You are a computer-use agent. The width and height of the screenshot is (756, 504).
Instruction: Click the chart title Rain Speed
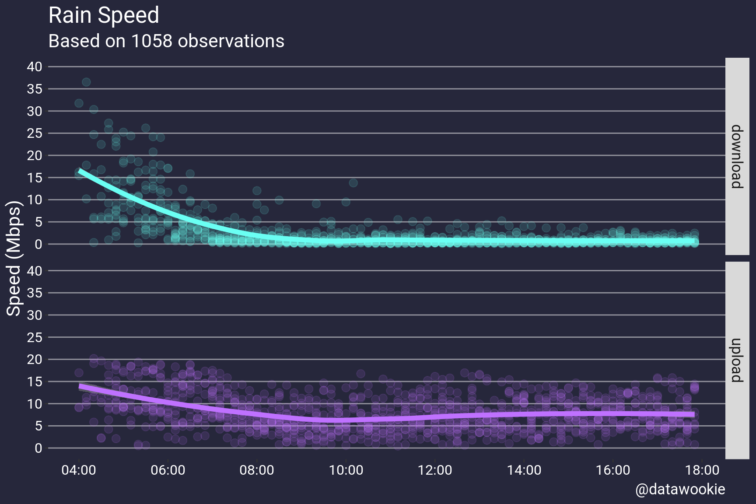104,16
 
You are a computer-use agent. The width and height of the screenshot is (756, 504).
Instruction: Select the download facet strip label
737,157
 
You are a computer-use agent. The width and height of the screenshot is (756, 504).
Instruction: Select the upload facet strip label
737,360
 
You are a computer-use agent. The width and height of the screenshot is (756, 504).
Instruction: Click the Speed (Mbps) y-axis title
14,258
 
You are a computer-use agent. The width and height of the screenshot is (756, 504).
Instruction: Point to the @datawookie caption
680,489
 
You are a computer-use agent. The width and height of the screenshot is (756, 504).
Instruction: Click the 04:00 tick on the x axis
79,470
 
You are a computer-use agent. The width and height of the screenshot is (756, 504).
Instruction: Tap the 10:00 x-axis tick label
346,470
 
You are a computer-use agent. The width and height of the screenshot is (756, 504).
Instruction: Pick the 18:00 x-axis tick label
702,470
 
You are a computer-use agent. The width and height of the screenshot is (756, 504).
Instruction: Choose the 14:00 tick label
524,470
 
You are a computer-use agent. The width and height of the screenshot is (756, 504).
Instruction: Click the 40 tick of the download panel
35,67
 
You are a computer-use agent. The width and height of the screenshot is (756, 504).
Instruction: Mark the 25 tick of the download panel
35,133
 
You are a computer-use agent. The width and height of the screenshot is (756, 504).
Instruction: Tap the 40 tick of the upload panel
35,271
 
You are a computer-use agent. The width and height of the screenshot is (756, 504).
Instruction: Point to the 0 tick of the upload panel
38,448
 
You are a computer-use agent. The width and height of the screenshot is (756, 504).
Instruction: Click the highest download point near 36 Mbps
86,82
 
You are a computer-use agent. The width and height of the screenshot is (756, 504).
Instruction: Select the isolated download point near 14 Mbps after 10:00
353,183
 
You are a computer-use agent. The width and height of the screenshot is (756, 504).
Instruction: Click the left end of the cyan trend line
80,170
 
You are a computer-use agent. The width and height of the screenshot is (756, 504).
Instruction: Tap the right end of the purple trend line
693,414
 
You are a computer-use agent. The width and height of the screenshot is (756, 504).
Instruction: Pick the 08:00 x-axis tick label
257,470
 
